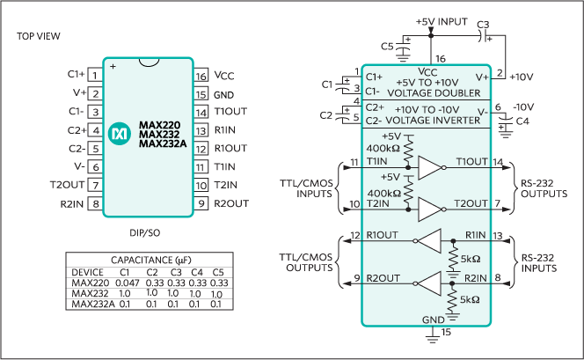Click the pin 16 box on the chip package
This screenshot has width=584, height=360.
(x=201, y=76)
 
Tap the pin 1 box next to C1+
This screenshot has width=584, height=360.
(x=93, y=76)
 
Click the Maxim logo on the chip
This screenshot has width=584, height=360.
(x=119, y=133)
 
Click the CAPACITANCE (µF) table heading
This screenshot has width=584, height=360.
(x=146, y=261)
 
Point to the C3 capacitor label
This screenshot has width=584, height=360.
(x=484, y=24)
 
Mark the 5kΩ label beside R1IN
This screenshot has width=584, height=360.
(x=471, y=261)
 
